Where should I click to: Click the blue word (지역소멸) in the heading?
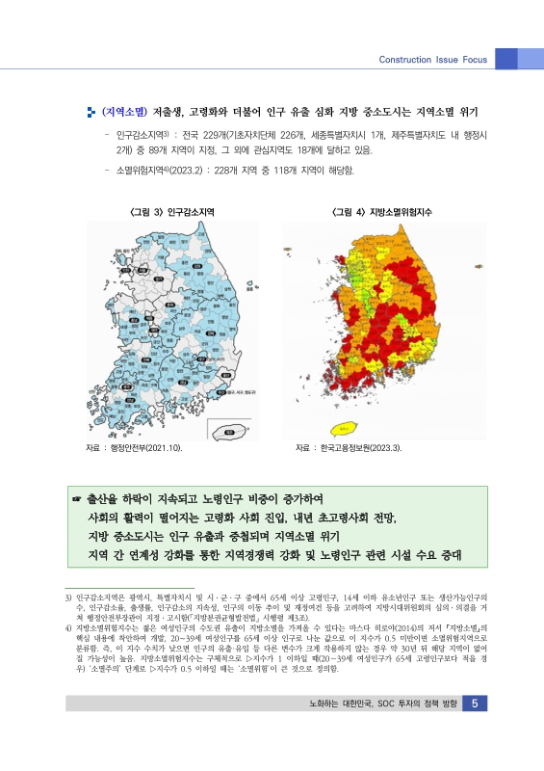(124, 111)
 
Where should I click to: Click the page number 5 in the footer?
(476, 731)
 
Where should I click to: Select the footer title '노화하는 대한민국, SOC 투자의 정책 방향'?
(378, 731)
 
